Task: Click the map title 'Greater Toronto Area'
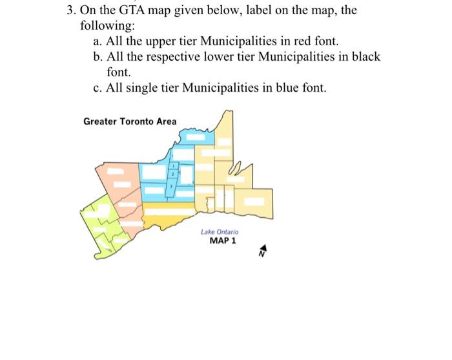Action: click(x=130, y=122)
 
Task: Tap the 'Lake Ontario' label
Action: click(x=219, y=231)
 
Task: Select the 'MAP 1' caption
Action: click(x=223, y=240)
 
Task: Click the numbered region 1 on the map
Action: click(x=172, y=167)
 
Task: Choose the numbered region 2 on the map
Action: click(x=172, y=175)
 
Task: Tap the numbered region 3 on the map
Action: click(x=170, y=187)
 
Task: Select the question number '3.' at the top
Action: click(x=72, y=11)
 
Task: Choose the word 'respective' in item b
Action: click(x=170, y=56)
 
